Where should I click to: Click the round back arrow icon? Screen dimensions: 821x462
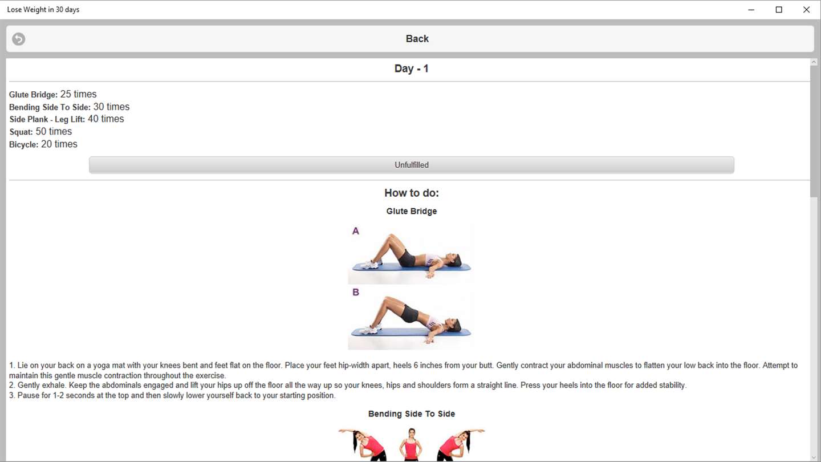pyautogui.click(x=18, y=39)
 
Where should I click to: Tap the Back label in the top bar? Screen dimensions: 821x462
pyautogui.click(x=417, y=39)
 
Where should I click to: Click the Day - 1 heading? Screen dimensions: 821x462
pyautogui.click(x=411, y=68)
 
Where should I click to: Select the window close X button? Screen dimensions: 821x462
pyautogui.click(x=806, y=10)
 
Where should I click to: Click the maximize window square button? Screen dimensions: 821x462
pyautogui.click(x=779, y=10)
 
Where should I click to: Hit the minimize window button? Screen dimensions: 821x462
pyautogui.click(x=751, y=10)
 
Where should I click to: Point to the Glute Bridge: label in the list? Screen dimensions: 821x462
pyautogui.click(x=33, y=95)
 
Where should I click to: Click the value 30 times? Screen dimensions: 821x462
pyautogui.click(x=111, y=107)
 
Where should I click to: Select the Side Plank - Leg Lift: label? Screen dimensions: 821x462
pyautogui.click(x=47, y=119)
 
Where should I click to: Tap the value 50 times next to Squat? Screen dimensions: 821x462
pyautogui.click(x=54, y=131)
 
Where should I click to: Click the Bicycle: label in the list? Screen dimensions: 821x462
pyautogui.click(x=24, y=144)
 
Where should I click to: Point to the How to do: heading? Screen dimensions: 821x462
pyautogui.click(x=412, y=193)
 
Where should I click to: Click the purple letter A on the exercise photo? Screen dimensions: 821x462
pyautogui.click(x=356, y=231)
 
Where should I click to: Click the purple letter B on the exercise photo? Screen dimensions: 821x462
pyautogui.click(x=356, y=292)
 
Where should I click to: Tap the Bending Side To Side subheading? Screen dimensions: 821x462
pyautogui.click(x=412, y=414)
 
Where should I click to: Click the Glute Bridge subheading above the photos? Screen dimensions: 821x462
pyautogui.click(x=412, y=211)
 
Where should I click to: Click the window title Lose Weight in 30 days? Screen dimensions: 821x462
pyautogui.click(x=43, y=10)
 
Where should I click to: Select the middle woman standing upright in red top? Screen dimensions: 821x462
pyautogui.click(x=411, y=445)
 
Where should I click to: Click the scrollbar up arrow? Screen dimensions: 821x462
pyautogui.click(x=814, y=62)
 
